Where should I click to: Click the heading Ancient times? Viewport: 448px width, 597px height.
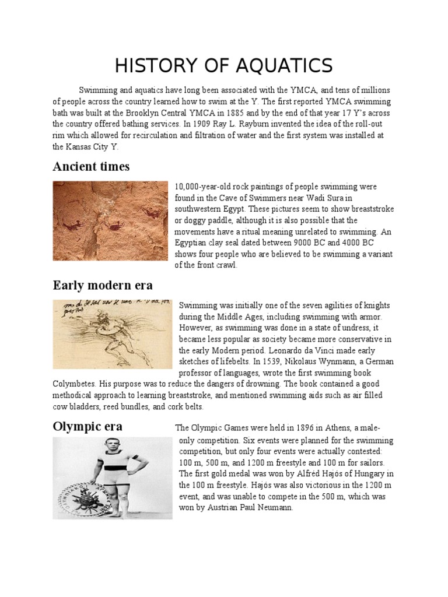tap(91, 167)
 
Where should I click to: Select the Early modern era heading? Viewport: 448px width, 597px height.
tap(103, 285)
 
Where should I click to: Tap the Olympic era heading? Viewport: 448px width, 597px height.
tap(87, 426)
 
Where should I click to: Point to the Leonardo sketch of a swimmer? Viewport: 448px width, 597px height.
tap(112, 334)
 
